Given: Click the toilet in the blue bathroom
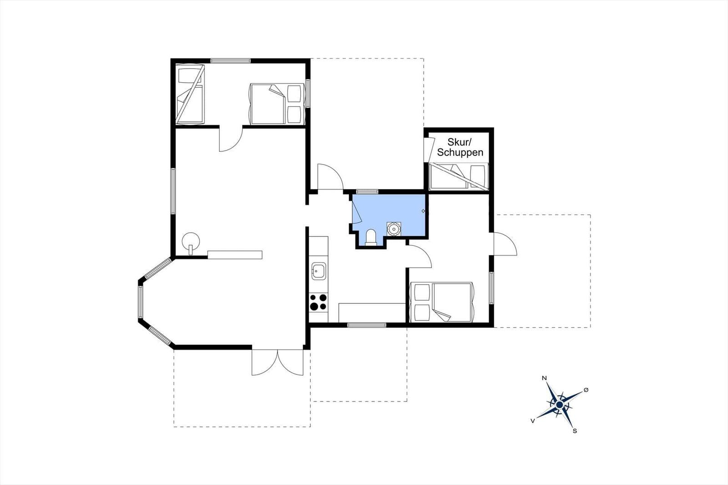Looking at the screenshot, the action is click(370, 237).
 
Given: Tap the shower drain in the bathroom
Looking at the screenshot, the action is click(394, 229).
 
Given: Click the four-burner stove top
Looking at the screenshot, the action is click(318, 302).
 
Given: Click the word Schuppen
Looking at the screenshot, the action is click(460, 152).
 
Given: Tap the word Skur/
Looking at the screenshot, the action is click(459, 142).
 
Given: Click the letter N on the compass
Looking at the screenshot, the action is click(544, 378).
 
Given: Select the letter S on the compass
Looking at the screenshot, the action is click(575, 431).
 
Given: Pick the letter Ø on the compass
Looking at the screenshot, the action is click(586, 390).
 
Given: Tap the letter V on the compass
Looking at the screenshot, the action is click(532, 421).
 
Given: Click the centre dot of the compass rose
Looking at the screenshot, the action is click(559, 405).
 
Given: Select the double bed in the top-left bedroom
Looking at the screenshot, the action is click(277, 104).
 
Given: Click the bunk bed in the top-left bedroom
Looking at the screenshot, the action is click(190, 94).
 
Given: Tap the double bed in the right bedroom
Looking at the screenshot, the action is click(442, 302).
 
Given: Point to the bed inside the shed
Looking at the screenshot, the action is click(459, 176).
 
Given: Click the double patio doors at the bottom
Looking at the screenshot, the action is click(278, 362).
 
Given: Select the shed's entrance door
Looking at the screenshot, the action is click(429, 150).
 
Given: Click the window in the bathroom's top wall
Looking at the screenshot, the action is click(367, 191).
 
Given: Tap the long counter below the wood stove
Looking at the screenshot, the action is click(235, 255).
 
